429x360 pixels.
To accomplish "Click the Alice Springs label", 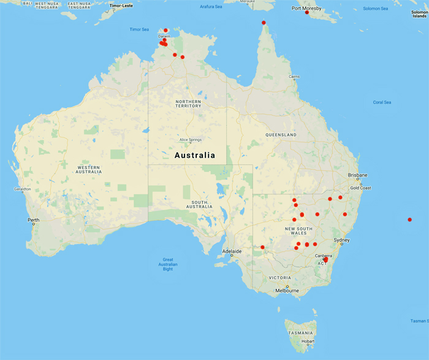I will pyautogui.click(x=190, y=139).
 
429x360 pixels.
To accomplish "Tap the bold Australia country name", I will pyautogui.click(x=195, y=155).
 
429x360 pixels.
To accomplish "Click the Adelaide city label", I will pyautogui.click(x=231, y=251).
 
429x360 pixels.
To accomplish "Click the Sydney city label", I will pyautogui.click(x=341, y=240).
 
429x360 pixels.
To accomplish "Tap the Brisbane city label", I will pyautogui.click(x=357, y=175).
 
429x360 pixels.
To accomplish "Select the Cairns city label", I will pyautogui.click(x=294, y=77).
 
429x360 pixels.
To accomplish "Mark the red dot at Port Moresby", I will pyautogui.click(x=306, y=13).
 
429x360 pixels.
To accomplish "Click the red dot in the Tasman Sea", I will pyautogui.click(x=409, y=220).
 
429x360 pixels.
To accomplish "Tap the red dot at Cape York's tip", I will pyautogui.click(x=264, y=23).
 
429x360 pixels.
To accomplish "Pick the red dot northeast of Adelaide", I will pyautogui.click(x=262, y=247).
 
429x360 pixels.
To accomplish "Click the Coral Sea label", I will pyautogui.click(x=382, y=102).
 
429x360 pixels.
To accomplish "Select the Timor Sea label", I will pyautogui.click(x=139, y=29).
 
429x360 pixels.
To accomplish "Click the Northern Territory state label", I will pyautogui.click(x=188, y=104).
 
